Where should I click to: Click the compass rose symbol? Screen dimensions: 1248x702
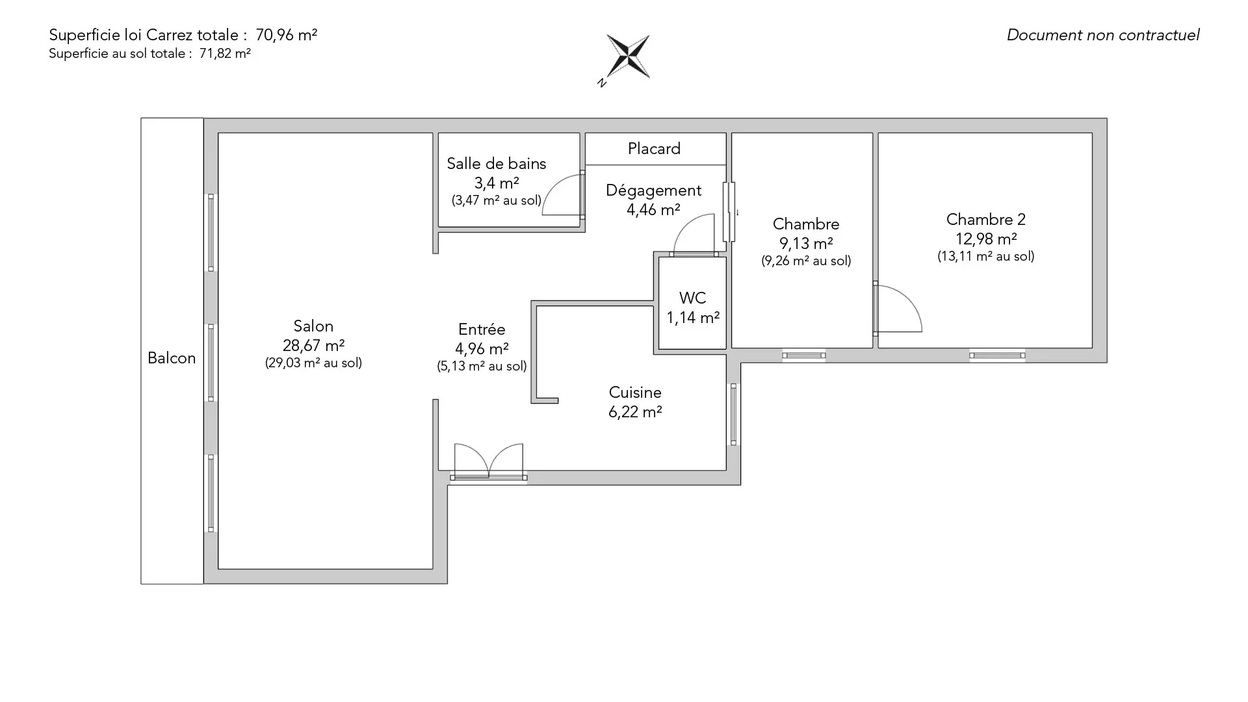pyautogui.click(x=627, y=57)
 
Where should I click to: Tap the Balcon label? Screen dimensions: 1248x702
pyautogui.click(x=172, y=358)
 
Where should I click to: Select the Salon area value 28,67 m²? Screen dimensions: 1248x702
pyautogui.click(x=313, y=345)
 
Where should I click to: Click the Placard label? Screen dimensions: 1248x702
pyautogui.click(x=654, y=149)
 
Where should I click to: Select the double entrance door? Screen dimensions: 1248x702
pyautogui.click(x=488, y=462)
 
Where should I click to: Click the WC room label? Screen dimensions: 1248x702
pyautogui.click(x=692, y=298)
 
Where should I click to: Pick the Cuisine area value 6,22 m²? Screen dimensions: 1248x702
pyautogui.click(x=635, y=412)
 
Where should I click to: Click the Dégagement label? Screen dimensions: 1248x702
pyautogui.click(x=653, y=190)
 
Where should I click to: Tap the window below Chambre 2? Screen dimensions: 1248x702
pyautogui.click(x=997, y=356)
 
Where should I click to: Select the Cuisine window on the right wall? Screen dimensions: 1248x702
pyautogui.click(x=734, y=414)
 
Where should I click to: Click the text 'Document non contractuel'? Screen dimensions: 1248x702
pyautogui.click(x=1103, y=35)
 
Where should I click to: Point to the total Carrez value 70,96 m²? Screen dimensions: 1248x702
pyautogui.click(x=287, y=35)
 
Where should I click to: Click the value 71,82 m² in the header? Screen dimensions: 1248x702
pyautogui.click(x=225, y=54)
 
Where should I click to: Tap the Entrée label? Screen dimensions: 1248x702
pyautogui.click(x=482, y=330)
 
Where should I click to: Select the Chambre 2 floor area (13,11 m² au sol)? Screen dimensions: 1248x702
pyautogui.click(x=985, y=257)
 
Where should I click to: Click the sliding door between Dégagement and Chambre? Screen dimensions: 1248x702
pyautogui.click(x=729, y=212)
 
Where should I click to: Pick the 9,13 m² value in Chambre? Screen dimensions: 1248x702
pyautogui.click(x=806, y=244)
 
